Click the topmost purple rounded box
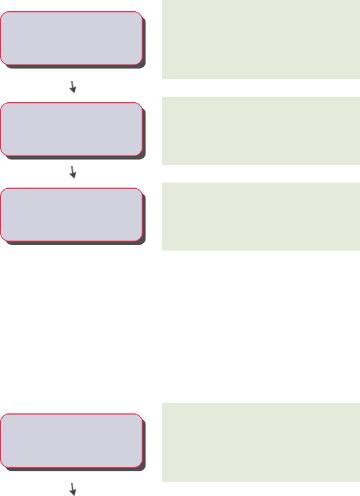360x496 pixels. pyautogui.click(x=71, y=37)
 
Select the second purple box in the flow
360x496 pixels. pyautogui.click(x=71, y=129)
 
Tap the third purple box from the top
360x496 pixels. pyautogui.click(x=71, y=214)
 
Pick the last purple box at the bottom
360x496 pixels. pyautogui.click(x=71, y=440)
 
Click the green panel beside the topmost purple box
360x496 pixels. pyautogui.click(x=261, y=39)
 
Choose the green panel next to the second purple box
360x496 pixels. pyautogui.click(x=261, y=131)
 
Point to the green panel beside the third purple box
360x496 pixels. pyautogui.click(x=261, y=216)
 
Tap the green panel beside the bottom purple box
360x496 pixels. pyautogui.click(x=261, y=443)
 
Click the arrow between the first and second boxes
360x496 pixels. pyautogui.click(x=73, y=86)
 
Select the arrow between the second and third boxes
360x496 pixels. pyautogui.click(x=73, y=172)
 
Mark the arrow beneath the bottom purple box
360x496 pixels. pyautogui.click(x=73, y=490)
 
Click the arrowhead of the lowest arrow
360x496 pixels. pyautogui.click(x=74, y=493)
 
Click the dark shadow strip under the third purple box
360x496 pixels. pyautogui.click(x=76, y=243)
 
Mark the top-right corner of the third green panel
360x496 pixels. pyautogui.click(x=359, y=184)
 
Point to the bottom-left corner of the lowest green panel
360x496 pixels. pyautogui.click(x=163, y=481)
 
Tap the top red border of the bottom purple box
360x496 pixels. pyautogui.click(x=71, y=415)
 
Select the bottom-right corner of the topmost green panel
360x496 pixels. pyautogui.click(x=359, y=78)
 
